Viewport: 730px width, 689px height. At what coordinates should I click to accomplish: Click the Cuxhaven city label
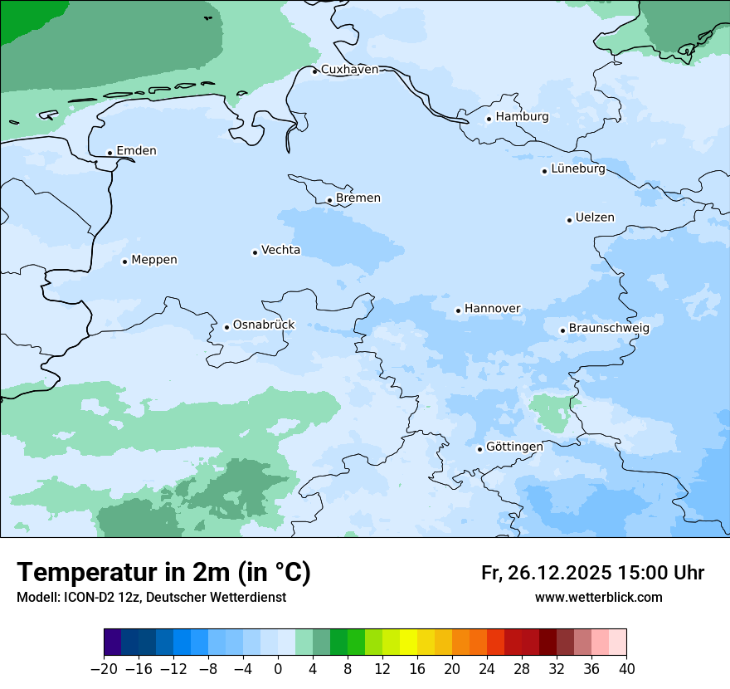tap(349, 70)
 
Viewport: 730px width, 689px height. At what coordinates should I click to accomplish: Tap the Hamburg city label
tap(522, 117)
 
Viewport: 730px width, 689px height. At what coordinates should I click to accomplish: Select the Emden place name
tap(136, 151)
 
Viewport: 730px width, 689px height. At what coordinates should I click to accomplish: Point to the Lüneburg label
tap(577, 169)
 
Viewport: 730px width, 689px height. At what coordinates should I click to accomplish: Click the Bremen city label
tap(358, 198)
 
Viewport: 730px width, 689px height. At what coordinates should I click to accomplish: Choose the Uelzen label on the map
tap(595, 218)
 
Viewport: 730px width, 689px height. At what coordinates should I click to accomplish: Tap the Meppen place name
tap(154, 260)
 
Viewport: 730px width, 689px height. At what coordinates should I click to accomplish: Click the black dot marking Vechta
tap(255, 252)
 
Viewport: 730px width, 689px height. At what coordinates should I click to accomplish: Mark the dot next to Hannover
tap(458, 311)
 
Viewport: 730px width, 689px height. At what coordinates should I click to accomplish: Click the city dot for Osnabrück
tap(226, 327)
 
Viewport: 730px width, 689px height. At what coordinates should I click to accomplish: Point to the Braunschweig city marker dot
tap(562, 330)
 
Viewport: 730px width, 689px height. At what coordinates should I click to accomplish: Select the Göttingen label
tap(514, 447)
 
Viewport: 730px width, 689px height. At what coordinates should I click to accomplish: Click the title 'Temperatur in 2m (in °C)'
tap(164, 572)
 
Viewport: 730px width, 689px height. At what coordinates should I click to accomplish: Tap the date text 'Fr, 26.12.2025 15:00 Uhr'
tap(592, 573)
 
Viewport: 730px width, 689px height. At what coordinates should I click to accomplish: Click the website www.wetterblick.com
tap(598, 597)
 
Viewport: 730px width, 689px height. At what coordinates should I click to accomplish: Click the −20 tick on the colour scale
tap(105, 669)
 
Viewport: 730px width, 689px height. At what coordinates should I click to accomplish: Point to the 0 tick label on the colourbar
tap(278, 669)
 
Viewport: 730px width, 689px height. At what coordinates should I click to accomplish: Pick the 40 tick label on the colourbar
tap(626, 669)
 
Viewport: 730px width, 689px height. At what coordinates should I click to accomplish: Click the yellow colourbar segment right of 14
tap(408, 643)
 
